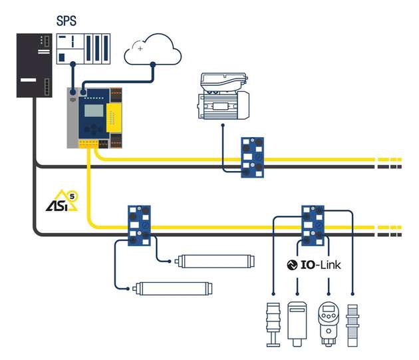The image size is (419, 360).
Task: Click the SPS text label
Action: click(66, 20)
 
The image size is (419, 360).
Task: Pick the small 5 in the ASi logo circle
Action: click(73, 196)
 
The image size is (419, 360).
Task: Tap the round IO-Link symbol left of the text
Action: click(291, 264)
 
